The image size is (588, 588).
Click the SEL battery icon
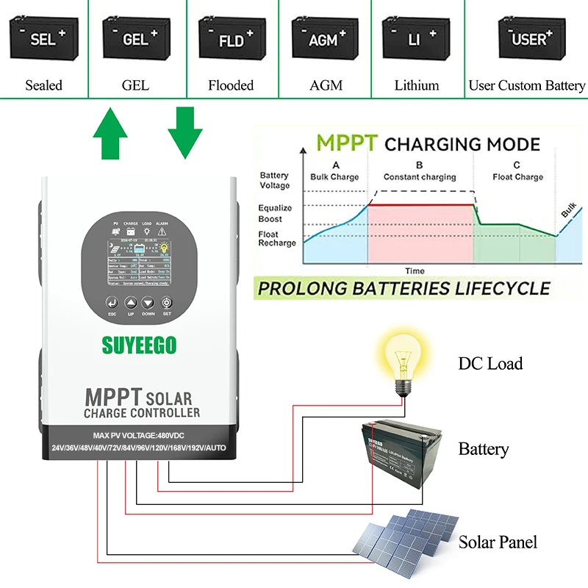(43, 38)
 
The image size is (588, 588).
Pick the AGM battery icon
(324, 38)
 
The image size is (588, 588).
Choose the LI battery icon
(416, 38)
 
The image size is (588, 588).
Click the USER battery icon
(528, 38)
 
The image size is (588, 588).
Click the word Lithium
(416, 85)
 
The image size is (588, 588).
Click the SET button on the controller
(166, 304)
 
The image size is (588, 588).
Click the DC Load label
(490, 363)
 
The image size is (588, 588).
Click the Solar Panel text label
(498, 542)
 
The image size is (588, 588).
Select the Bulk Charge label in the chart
(334, 176)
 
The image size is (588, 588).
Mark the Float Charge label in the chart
(517, 176)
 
